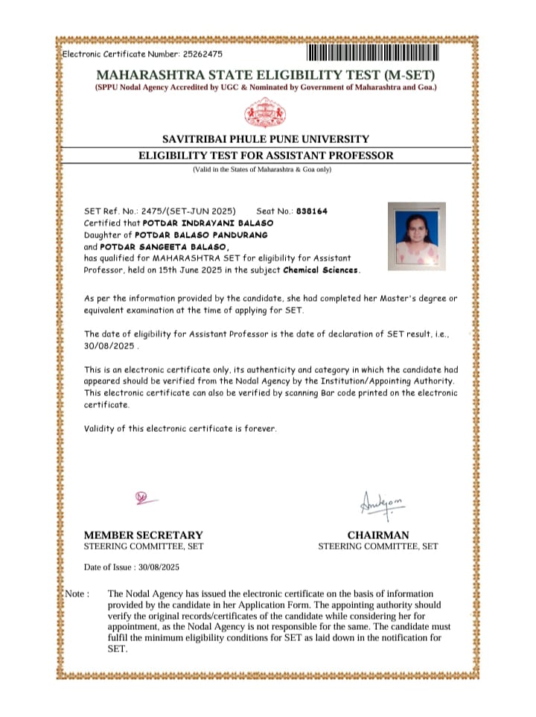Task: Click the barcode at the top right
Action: click(x=373, y=54)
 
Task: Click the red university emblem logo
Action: click(x=266, y=113)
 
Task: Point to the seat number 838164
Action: click(x=311, y=211)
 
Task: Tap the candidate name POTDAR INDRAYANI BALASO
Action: click(x=208, y=223)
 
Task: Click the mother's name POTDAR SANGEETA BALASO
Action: click(x=165, y=246)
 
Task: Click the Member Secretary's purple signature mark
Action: click(x=143, y=497)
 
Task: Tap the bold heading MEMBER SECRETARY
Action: click(x=143, y=535)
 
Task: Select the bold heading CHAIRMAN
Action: click(x=377, y=535)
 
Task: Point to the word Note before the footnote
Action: click(x=75, y=593)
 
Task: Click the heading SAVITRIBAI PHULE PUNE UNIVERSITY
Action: click(x=266, y=139)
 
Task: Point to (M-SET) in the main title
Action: click(x=409, y=75)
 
